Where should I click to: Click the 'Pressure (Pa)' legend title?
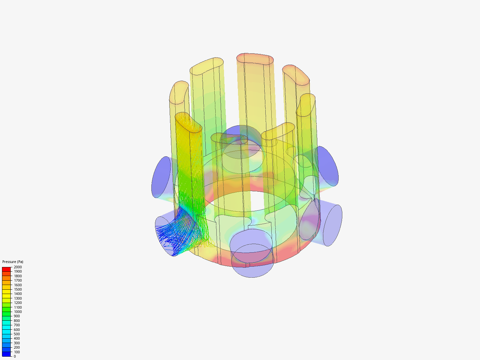tap(13, 262)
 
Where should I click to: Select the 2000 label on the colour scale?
tap(18, 267)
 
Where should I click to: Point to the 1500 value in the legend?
tap(18, 289)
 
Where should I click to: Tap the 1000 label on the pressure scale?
tap(18, 312)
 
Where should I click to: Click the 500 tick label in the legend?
tap(17, 334)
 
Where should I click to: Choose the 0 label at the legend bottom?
tap(15, 356)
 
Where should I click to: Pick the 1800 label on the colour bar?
tap(18, 276)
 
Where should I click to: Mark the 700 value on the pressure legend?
tap(17, 325)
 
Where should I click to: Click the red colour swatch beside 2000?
tap(6, 269)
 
